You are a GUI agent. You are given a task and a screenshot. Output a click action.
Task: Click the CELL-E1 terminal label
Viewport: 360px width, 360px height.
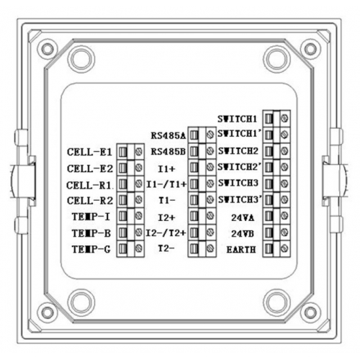coord(89,152)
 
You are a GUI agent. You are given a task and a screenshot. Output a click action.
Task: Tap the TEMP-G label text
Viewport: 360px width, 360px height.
coord(91,249)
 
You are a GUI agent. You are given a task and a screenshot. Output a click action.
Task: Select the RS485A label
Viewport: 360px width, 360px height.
coord(168,135)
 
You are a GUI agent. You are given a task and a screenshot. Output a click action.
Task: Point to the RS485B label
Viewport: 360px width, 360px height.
coord(168,152)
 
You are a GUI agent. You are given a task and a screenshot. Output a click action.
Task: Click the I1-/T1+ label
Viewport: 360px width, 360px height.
coord(166,184)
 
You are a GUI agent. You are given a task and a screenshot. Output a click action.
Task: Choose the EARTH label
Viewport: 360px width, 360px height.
coord(241,250)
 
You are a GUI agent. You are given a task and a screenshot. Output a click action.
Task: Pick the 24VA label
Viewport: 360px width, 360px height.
coord(243,217)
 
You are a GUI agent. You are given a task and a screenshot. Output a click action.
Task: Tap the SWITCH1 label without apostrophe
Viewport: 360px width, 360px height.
coord(237,119)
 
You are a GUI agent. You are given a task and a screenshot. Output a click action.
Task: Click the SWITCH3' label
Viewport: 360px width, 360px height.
coord(240,199)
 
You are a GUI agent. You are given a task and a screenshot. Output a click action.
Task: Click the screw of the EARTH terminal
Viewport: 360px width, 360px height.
coord(284,248)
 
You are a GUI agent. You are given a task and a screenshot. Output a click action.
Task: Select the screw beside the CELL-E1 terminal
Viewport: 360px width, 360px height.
coord(139,152)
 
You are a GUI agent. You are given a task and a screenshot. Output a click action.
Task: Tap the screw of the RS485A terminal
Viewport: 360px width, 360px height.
coord(210,135)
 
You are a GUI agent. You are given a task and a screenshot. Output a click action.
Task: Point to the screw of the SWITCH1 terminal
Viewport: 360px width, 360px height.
coord(284,118)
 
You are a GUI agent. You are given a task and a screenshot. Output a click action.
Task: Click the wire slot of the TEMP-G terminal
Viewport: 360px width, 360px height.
coord(122,248)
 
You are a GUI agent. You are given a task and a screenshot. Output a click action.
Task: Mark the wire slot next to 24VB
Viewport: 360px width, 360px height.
coord(269,233)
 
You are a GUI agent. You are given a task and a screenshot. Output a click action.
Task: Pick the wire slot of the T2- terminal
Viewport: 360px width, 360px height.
coord(194,248)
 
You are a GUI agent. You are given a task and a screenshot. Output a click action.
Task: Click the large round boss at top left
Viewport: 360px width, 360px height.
coord(81,59)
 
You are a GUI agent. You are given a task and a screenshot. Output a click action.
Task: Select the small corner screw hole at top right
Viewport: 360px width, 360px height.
coord(310,49)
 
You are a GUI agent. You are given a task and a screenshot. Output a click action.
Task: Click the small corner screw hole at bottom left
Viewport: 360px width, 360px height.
coord(48,312)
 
